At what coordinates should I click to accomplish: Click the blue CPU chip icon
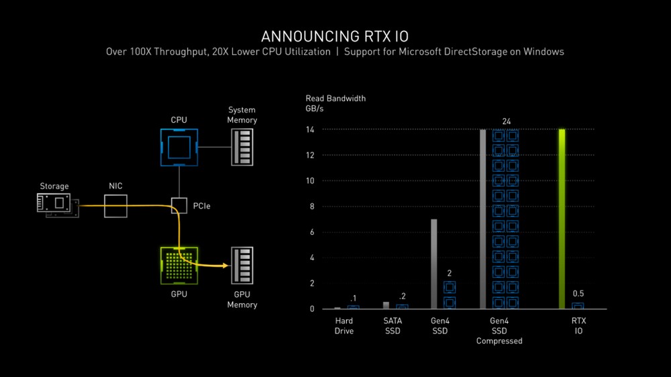178,147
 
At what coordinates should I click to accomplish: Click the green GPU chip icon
178,266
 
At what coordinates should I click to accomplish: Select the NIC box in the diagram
115,205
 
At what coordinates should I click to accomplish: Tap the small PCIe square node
179,205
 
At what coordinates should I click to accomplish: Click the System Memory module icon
242,147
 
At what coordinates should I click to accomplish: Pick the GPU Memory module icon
242,266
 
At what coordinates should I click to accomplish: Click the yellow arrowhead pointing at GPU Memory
225,266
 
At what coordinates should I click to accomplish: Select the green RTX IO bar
562,219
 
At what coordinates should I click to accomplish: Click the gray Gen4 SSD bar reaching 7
434,264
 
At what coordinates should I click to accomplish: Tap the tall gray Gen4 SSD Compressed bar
482,219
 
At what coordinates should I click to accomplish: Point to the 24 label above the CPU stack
506,121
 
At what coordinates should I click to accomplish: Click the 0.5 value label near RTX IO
578,294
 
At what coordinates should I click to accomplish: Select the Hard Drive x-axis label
344,326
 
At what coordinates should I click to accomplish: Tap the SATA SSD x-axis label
393,326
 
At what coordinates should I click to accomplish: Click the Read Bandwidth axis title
335,99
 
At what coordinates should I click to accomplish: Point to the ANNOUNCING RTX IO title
335,35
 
